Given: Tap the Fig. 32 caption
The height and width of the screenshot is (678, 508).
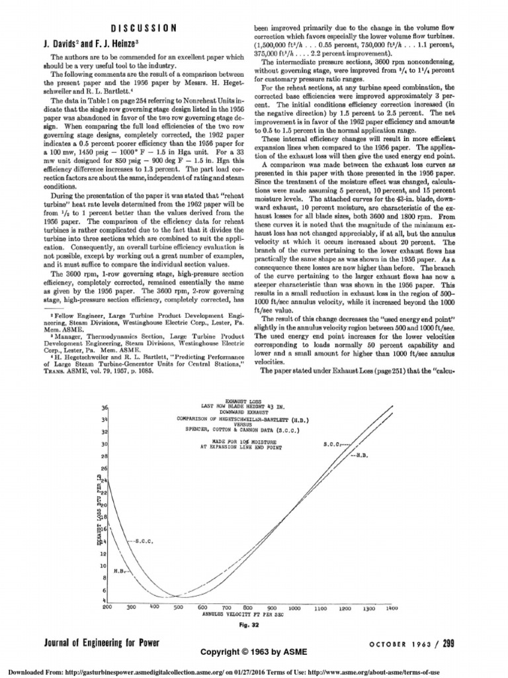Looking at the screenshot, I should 253,624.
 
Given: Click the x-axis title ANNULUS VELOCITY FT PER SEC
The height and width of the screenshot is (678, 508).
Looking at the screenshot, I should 251,614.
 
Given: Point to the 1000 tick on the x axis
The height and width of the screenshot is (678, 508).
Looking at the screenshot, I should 294,606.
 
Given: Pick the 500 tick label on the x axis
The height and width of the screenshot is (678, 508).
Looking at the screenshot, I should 179,606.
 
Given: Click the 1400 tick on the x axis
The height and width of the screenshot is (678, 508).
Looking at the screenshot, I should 392,606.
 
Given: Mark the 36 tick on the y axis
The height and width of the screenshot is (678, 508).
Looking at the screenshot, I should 105,407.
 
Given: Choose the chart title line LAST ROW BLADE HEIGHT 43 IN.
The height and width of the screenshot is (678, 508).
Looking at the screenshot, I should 247,407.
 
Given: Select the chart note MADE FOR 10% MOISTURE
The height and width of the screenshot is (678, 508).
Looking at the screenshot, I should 245,440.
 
